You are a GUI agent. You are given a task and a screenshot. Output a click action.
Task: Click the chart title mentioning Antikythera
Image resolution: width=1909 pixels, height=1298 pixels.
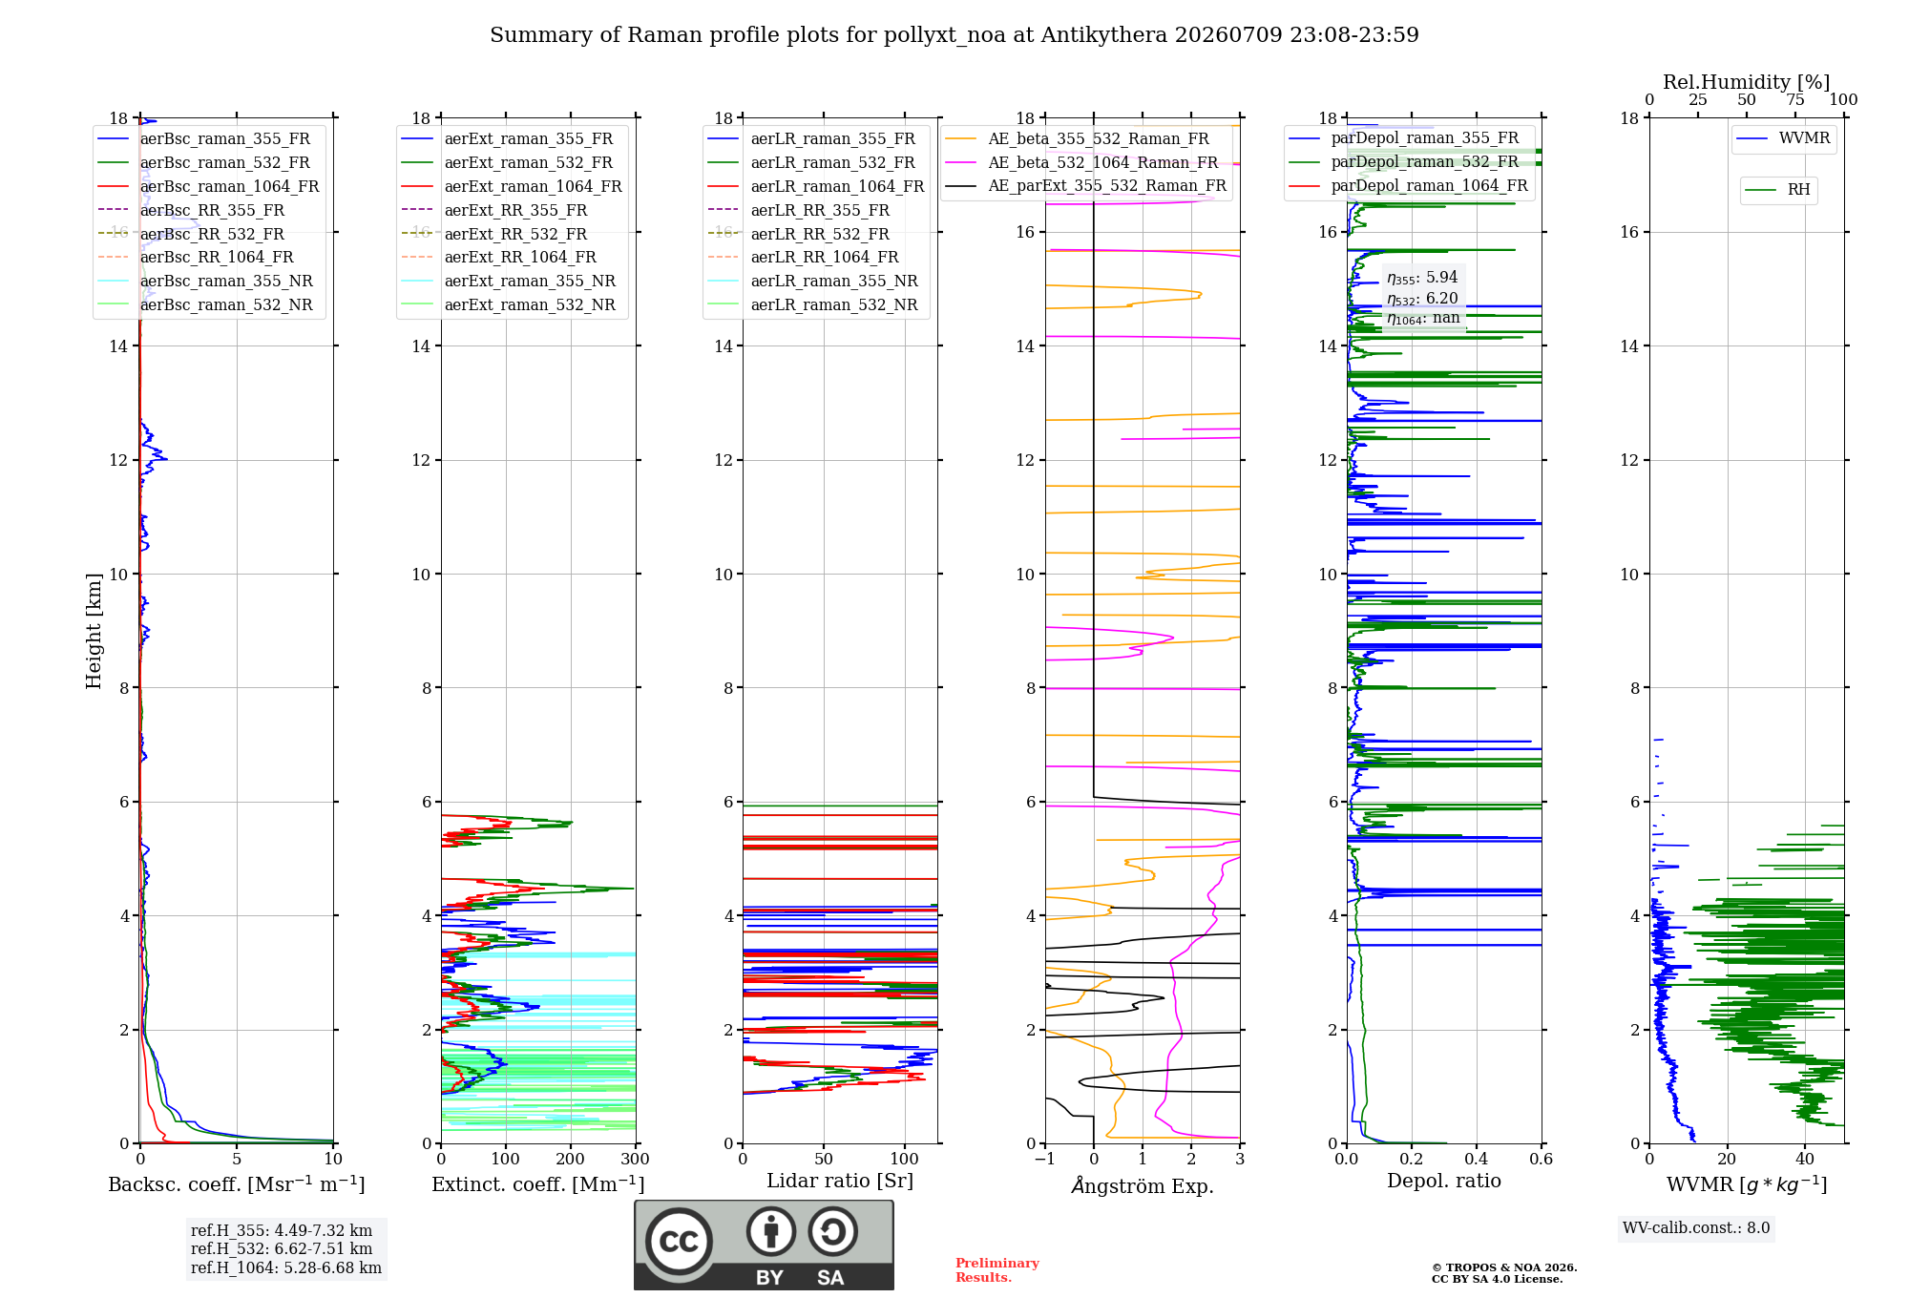click(954, 35)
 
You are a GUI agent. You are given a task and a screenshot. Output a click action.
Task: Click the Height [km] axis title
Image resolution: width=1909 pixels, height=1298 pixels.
click(94, 631)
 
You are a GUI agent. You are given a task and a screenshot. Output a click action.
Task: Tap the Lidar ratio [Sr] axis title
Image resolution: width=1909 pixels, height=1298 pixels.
click(840, 1181)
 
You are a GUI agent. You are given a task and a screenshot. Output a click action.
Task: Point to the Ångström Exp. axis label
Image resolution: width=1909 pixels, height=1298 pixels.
click(1143, 1185)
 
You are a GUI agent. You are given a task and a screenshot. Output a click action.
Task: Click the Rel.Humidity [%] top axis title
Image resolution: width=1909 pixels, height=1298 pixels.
click(1747, 82)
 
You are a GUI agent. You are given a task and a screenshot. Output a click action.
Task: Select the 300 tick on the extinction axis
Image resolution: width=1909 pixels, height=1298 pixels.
click(635, 1159)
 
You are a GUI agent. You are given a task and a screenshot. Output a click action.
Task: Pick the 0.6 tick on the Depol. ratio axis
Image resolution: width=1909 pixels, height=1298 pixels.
click(1541, 1159)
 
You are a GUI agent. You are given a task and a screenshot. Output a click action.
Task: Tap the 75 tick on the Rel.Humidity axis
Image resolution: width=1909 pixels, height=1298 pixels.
click(1795, 99)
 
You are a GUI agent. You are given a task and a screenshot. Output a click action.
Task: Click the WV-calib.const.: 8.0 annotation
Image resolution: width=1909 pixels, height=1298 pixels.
click(1696, 1227)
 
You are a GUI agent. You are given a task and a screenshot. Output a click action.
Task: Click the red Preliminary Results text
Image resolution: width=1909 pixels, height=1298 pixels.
click(997, 1270)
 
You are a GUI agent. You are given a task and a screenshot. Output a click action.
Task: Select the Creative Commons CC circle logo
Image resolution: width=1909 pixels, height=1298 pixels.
click(679, 1241)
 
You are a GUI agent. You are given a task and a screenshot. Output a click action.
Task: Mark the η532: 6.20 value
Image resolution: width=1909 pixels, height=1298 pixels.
click(1422, 299)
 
